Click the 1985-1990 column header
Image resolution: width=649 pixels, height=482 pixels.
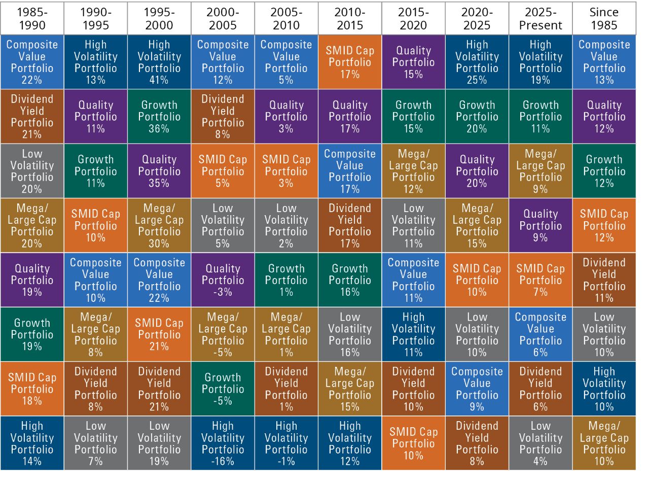point(32,18)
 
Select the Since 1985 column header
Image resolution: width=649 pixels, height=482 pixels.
point(604,18)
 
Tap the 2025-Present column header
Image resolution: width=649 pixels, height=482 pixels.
point(540,18)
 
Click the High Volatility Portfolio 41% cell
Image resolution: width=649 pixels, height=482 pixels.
point(159,62)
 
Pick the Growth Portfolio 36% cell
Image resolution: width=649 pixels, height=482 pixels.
point(159,117)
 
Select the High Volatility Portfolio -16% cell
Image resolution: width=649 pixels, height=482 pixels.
point(223,443)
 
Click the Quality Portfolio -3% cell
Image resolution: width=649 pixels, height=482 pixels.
point(223,280)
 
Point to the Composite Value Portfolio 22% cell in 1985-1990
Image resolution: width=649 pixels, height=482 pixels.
point(32,62)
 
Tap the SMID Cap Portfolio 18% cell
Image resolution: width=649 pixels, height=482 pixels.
point(32,389)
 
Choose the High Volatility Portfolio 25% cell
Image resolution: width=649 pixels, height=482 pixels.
point(477,62)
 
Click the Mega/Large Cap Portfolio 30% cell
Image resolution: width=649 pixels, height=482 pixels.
point(159,225)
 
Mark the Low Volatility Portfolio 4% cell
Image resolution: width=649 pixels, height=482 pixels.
point(540,443)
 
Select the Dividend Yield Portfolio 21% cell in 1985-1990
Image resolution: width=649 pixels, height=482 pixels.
point(32,117)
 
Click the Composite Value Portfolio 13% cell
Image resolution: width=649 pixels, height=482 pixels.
point(604,62)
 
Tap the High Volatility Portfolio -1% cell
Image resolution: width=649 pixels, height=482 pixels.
point(286,443)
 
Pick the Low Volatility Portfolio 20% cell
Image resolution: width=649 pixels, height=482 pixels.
point(32,171)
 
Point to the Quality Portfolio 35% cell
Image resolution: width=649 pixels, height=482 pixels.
point(159,171)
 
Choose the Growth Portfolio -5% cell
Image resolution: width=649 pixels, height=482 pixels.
point(223,389)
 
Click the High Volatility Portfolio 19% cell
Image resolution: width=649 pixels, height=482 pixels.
point(540,62)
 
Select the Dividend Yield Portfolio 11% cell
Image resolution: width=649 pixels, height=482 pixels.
point(604,280)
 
